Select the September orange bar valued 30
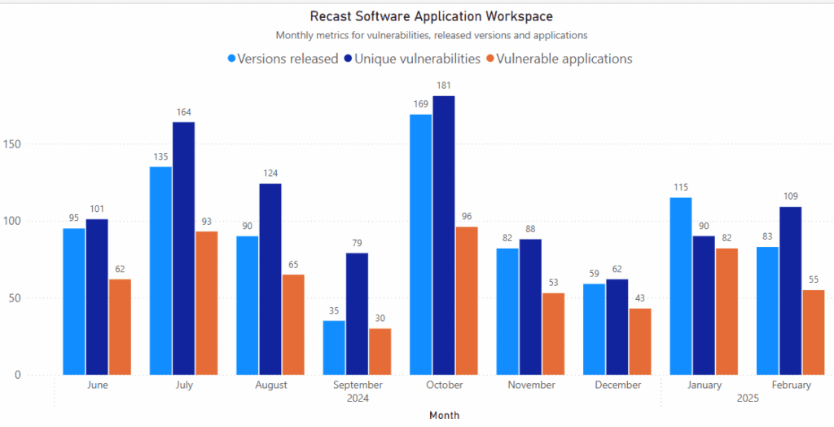380,351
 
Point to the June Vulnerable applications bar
120,327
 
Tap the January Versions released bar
680,286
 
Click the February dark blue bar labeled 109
790,290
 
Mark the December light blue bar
594,329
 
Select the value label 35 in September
333,311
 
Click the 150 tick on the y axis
32,144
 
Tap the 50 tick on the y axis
35,298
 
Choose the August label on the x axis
270,385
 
